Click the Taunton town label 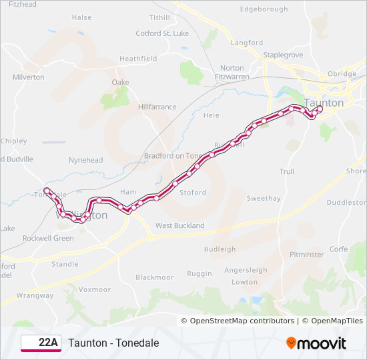[x=324, y=103]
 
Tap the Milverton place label [x=28, y=77]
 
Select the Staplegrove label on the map [x=284, y=55]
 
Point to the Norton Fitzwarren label [x=232, y=72]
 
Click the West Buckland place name [x=180, y=225]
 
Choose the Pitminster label [x=307, y=255]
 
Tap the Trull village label [x=286, y=171]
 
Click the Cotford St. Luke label [x=162, y=33]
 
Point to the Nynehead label [x=86, y=160]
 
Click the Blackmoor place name [x=154, y=277]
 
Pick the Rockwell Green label [x=48, y=238]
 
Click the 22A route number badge [x=41, y=343]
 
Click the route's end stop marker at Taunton [x=319, y=109]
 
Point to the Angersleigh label [x=246, y=270]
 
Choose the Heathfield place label [x=138, y=59]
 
